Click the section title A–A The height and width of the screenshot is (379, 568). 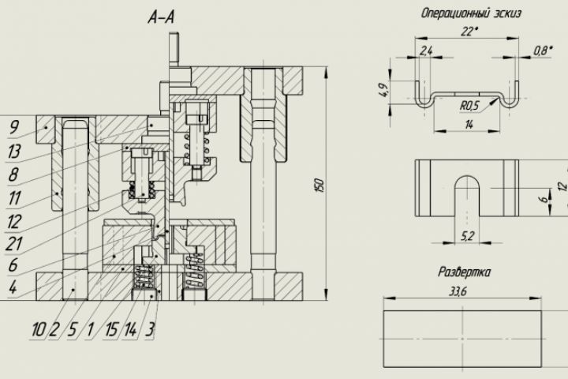coord(161,17)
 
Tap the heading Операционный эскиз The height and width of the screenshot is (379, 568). coord(471,13)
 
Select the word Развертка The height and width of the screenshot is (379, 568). coord(465,272)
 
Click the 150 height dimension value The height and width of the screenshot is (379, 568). coord(319,185)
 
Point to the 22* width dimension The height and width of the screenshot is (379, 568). coord(469,32)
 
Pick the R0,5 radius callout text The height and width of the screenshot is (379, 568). coord(469,106)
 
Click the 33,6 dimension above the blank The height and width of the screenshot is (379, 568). coord(458,292)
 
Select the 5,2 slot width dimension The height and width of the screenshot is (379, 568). coord(467,236)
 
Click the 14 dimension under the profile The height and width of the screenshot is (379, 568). coord(469,125)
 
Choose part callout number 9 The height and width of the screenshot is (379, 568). coord(14,127)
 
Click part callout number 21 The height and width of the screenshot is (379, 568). coord(13,244)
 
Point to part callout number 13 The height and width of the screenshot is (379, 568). coord(13,152)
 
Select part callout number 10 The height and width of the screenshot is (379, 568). coord(38,330)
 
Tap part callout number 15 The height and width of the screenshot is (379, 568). coord(111,330)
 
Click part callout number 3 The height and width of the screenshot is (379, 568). coord(150,330)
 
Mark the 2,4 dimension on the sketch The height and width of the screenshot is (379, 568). coord(426,51)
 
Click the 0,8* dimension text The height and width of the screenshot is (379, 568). coord(542,51)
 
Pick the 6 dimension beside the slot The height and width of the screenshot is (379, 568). coord(543,199)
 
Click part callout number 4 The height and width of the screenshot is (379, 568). coord(13,287)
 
